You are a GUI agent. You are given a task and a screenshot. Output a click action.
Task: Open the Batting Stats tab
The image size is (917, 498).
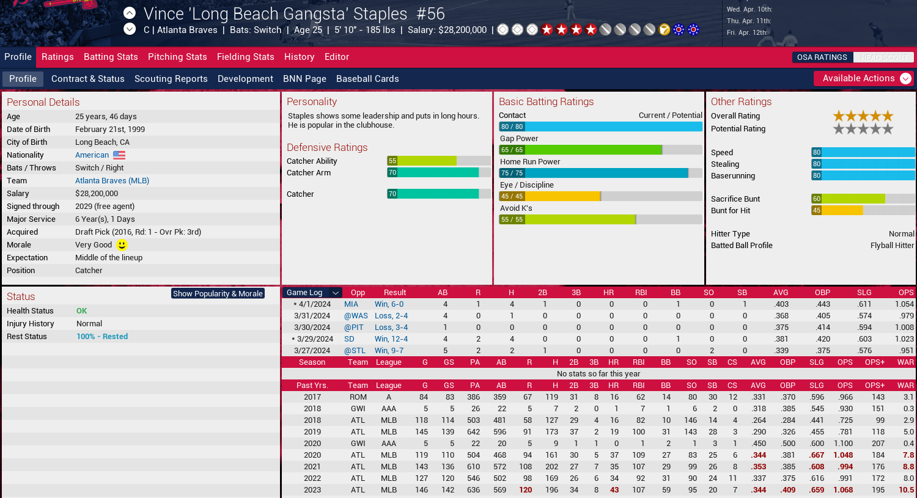pyautogui.click(x=111, y=57)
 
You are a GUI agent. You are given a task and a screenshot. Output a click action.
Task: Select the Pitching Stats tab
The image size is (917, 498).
pyautogui.click(x=177, y=57)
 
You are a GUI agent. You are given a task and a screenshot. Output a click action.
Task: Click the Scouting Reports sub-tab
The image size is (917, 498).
pyautogui.click(x=171, y=79)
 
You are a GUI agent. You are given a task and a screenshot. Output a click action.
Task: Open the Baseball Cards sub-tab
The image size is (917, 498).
pyautogui.click(x=367, y=79)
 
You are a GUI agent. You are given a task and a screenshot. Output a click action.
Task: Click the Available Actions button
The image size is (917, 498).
pyautogui.click(x=864, y=78)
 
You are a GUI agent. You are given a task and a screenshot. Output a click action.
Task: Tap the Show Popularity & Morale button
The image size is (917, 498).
pyautogui.click(x=218, y=294)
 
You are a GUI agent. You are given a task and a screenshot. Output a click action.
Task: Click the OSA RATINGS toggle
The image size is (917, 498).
pyautogui.click(x=822, y=57)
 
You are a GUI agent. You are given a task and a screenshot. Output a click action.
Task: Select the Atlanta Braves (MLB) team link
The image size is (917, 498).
pyautogui.click(x=112, y=181)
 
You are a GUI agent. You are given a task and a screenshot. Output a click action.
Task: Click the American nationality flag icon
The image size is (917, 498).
pyautogui.click(x=119, y=155)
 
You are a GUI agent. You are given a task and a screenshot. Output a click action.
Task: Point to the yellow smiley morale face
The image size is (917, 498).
pyautogui.click(x=122, y=245)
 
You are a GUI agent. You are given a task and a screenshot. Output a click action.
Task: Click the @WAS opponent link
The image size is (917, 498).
pyautogui.click(x=356, y=316)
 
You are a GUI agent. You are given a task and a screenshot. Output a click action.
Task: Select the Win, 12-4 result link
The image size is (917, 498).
pyautogui.click(x=391, y=339)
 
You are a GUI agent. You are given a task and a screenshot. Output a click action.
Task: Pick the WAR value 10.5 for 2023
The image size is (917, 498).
pyautogui.click(x=906, y=490)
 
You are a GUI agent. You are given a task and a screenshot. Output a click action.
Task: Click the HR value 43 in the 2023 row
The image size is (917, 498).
pyautogui.click(x=614, y=490)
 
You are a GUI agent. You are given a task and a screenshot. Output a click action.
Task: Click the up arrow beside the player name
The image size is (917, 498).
pyautogui.click(x=130, y=13)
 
